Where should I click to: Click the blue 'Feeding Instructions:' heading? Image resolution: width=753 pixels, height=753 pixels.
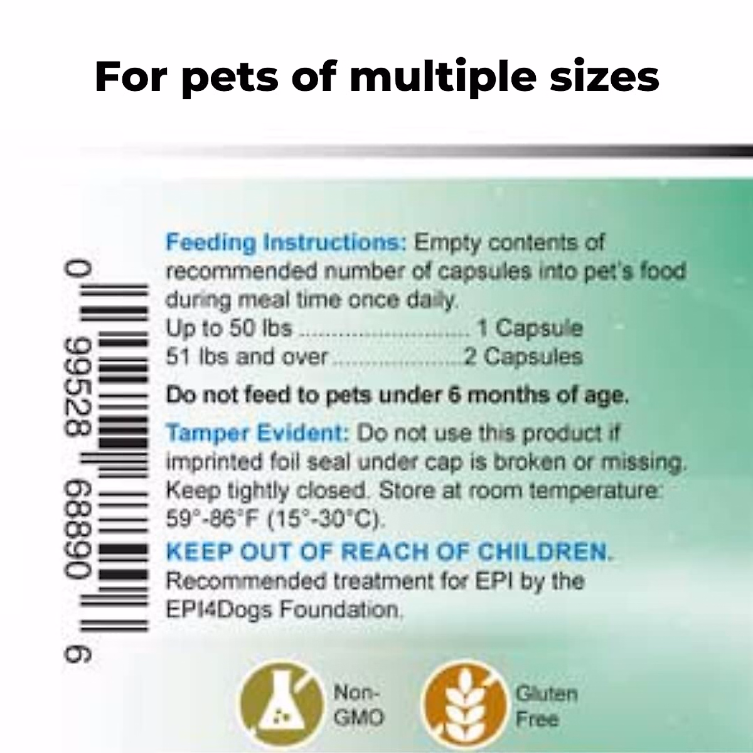point(286,243)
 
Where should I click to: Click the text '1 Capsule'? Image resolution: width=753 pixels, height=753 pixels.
point(530,328)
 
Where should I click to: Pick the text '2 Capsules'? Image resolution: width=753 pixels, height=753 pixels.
point(523,357)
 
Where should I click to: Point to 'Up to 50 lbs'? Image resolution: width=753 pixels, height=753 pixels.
point(229,328)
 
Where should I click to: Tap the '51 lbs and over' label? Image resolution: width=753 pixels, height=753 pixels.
point(247,357)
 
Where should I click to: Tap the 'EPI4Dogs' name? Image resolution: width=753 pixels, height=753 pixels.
point(219,610)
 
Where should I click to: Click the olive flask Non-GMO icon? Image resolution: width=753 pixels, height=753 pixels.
point(282,706)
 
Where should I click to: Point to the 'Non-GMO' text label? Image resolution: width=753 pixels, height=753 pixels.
point(358,706)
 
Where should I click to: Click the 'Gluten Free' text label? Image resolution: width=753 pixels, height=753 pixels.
point(547,707)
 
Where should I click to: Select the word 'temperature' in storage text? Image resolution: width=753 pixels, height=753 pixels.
point(594,491)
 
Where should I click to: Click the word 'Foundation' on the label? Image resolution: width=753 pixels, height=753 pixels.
point(340,610)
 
